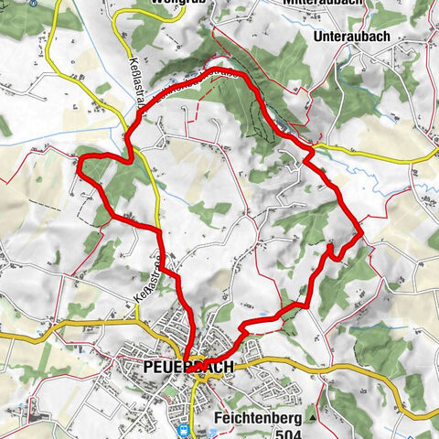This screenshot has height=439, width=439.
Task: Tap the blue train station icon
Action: (183, 428)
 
